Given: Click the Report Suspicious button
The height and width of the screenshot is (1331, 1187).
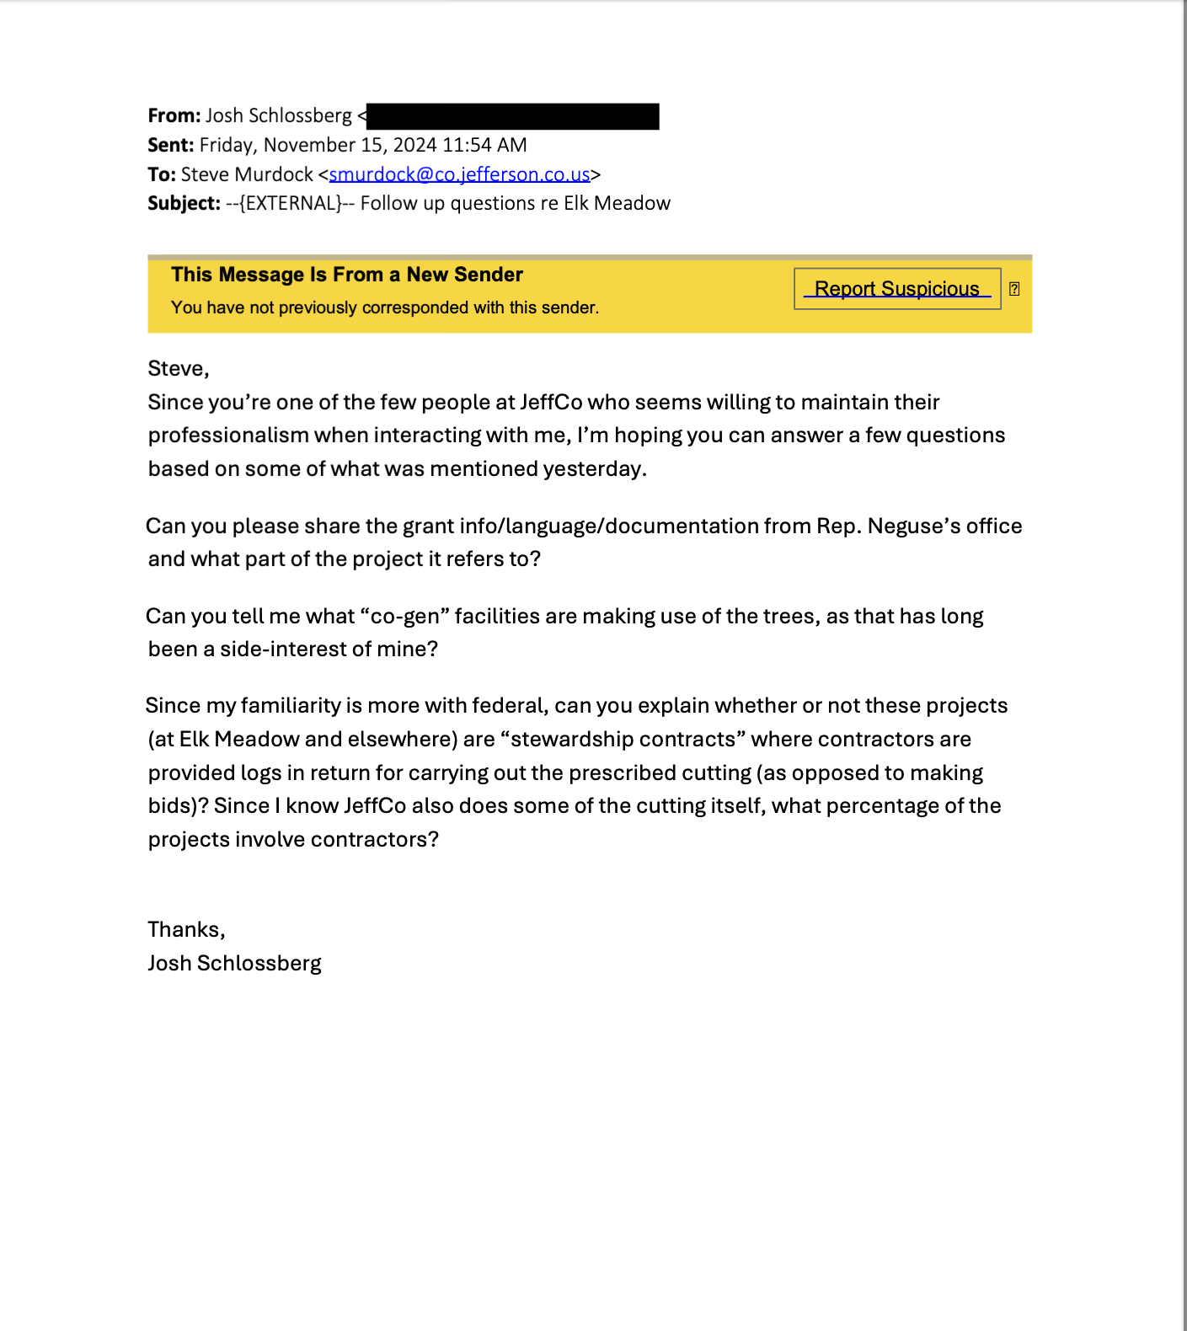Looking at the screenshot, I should [896, 289].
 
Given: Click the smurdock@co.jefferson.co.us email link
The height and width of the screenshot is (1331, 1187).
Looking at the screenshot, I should [459, 174].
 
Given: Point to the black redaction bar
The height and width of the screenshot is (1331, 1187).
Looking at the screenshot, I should [513, 116].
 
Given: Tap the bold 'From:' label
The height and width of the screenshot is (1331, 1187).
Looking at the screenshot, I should [174, 115].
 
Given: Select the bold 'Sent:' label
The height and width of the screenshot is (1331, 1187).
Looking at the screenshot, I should [170, 145].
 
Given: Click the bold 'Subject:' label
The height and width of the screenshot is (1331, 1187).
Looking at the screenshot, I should [184, 203].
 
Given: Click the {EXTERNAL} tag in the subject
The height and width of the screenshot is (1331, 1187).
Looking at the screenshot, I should [291, 203].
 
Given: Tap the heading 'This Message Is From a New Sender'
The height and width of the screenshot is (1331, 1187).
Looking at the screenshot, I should [347, 275].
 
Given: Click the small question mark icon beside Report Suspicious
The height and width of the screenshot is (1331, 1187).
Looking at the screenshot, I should [1014, 289].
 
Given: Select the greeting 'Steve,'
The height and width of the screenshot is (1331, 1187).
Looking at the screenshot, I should [179, 368].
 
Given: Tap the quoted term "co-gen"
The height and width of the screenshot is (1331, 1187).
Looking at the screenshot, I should [404, 616].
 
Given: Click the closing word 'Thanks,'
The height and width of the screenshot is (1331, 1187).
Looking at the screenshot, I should [186, 929].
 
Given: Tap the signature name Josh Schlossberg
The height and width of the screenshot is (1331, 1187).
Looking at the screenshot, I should [234, 963].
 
